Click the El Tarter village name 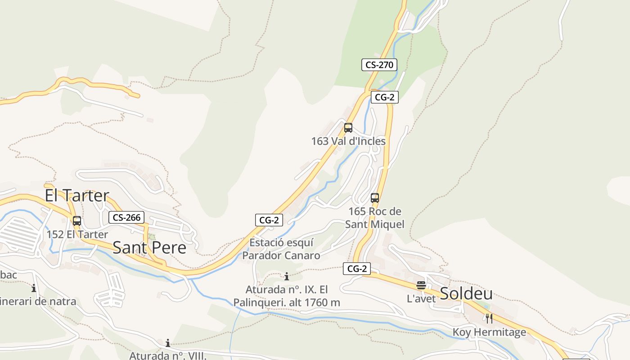click(77, 195)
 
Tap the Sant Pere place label click(149, 247)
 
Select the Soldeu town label click(466, 294)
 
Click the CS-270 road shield click(379, 65)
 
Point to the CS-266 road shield click(126, 218)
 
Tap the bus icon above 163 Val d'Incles click(348, 128)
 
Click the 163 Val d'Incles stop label click(348, 141)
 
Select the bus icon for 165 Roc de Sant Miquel click(375, 198)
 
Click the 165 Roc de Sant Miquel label click(375, 218)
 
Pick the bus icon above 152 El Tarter click(77, 221)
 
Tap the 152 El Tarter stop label click(77, 234)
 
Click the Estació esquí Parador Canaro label click(281, 249)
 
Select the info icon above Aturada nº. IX click(287, 276)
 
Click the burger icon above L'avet click(421, 285)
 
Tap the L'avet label click(421, 298)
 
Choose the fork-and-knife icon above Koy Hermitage click(489, 319)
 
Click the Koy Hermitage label click(489, 333)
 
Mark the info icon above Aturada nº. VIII click(168, 343)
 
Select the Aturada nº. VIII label click(168, 355)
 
